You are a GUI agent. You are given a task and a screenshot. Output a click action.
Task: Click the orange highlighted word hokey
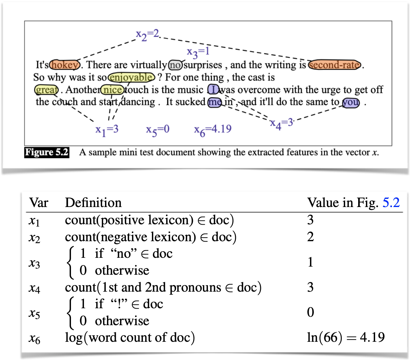tap(65, 65)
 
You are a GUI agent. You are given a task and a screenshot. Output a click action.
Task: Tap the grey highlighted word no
tap(175, 65)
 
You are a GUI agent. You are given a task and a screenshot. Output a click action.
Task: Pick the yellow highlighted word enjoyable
tap(131, 77)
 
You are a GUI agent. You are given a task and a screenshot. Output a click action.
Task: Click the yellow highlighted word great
tap(46, 90)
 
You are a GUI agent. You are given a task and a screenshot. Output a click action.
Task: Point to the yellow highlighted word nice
tap(112, 90)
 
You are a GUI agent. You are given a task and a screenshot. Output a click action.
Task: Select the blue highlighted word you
tap(351, 102)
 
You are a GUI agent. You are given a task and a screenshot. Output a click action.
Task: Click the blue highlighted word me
tap(215, 102)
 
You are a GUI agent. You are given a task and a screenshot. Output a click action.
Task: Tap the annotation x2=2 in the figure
tap(147, 34)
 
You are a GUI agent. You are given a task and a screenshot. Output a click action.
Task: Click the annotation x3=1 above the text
tap(198, 52)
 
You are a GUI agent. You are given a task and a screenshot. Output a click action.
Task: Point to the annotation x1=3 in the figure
tap(107, 130)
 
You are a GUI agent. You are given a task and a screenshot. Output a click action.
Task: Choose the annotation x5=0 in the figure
tap(157, 130)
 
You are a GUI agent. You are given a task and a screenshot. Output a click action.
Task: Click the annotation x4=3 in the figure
tap(282, 123)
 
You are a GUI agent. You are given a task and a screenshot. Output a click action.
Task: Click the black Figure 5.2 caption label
tap(47, 152)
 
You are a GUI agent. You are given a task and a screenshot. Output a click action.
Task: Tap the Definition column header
tap(93, 203)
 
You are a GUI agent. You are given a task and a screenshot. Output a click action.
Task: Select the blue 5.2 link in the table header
tap(391, 203)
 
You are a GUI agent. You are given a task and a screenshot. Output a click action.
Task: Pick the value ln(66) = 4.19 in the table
tap(346, 338)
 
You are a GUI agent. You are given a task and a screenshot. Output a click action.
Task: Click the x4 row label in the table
tap(34, 288)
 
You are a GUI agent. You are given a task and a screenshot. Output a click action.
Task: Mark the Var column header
tap(39, 203)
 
